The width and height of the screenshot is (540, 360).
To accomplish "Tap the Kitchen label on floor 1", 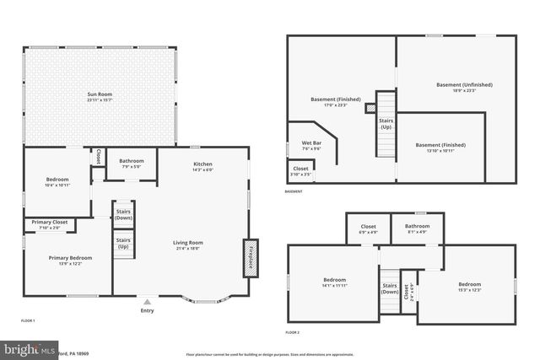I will point(202,165).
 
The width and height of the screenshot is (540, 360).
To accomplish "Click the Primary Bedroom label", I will point(70,261).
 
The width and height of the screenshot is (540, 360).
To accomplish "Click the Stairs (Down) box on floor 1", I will point(123,214).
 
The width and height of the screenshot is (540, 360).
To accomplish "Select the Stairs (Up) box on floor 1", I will point(123,244).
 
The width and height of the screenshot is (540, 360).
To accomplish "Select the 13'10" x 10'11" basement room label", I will point(440,147).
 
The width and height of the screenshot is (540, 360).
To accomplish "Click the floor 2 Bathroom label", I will point(417,228).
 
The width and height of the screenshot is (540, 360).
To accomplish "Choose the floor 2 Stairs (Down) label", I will point(390,288).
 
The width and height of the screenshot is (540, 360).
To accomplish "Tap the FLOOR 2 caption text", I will point(293,333).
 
